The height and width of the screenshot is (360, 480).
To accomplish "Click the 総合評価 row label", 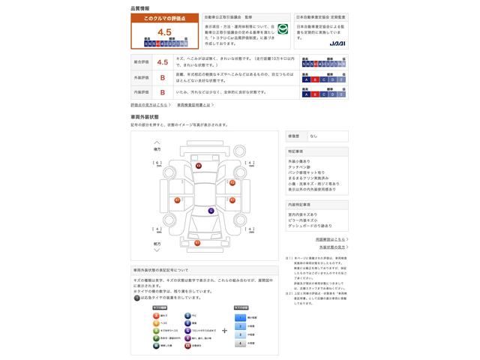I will (141, 62).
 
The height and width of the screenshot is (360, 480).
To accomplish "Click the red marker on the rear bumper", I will (199, 166).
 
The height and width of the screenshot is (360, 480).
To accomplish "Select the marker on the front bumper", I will (197, 244).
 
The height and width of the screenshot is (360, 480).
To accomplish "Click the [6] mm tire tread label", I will (157, 162).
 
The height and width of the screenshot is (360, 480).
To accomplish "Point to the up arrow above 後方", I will (157, 142).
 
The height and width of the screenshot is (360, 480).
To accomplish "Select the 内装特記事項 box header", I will (298, 204).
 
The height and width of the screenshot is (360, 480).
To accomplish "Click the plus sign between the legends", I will (224, 330).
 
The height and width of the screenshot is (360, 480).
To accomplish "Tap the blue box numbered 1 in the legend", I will (241, 317).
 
